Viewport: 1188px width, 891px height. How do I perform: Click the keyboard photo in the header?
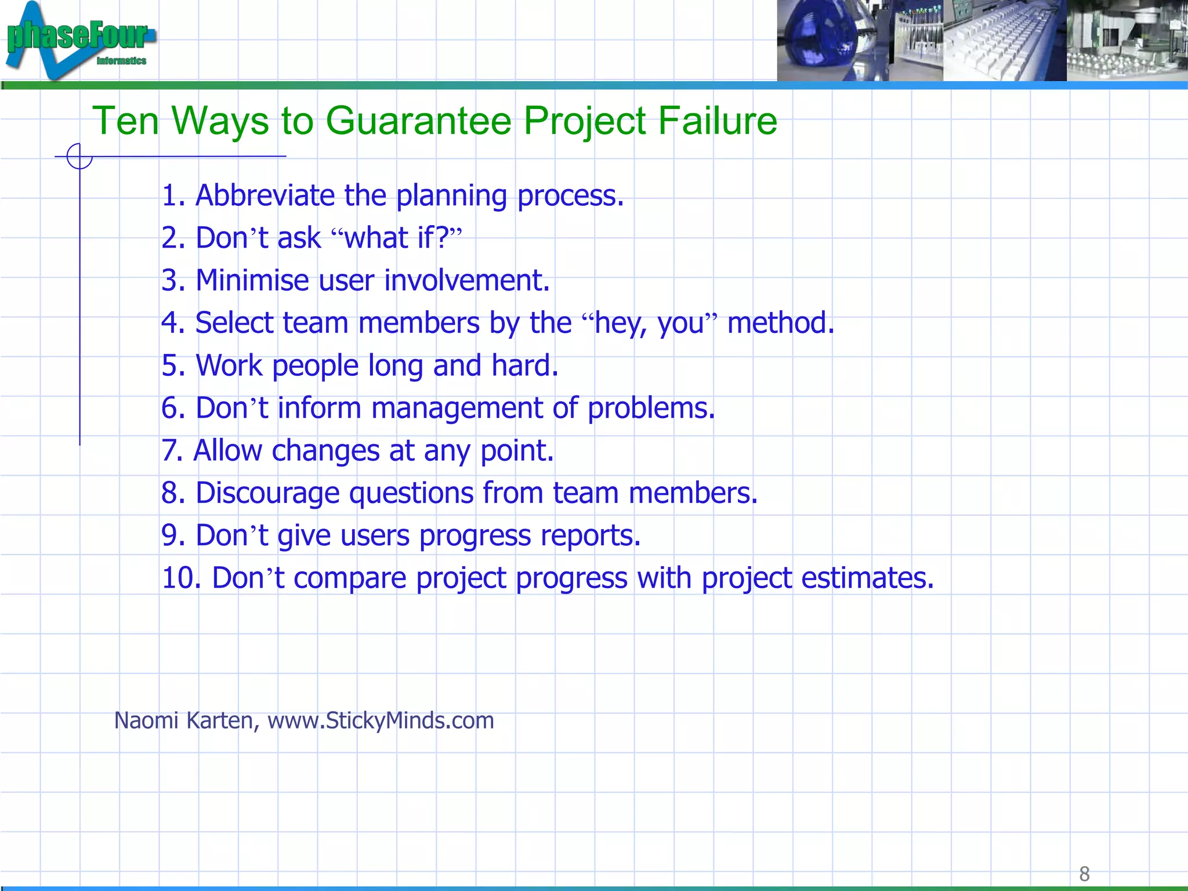[1004, 41]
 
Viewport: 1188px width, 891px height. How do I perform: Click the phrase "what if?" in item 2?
[397, 238]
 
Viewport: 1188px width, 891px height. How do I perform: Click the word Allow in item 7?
[227, 451]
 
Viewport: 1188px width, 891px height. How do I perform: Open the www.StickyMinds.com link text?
[381, 721]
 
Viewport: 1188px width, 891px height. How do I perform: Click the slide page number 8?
[1084, 874]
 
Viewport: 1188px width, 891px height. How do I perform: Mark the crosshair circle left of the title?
[79, 156]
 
